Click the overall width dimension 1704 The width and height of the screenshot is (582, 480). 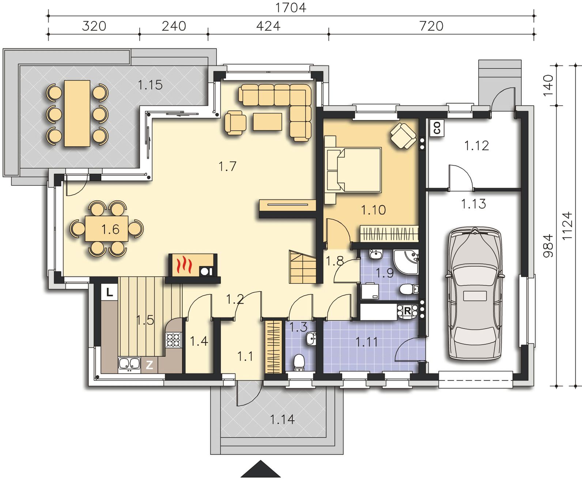click(x=291, y=8)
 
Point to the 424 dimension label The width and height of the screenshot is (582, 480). click(x=268, y=26)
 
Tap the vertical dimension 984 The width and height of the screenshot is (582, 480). click(x=548, y=245)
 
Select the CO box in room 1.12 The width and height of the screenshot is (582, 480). click(x=437, y=128)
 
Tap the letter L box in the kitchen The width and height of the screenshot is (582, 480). click(x=110, y=292)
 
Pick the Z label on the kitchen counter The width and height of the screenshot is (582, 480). click(x=150, y=365)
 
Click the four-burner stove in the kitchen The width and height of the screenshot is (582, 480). click(x=173, y=340)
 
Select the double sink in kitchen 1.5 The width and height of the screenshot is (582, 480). click(x=129, y=364)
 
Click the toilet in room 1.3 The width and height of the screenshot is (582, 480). click(x=299, y=363)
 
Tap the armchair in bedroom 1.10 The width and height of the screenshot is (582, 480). click(x=403, y=136)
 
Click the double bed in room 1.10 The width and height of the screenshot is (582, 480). click(x=353, y=170)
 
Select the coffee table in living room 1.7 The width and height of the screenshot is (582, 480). click(x=268, y=121)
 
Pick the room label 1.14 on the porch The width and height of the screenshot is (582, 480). click(x=282, y=419)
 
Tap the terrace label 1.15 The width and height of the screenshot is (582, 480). click(x=150, y=85)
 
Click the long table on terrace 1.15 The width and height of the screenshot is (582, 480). click(x=77, y=113)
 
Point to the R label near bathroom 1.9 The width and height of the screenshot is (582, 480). click(x=408, y=311)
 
